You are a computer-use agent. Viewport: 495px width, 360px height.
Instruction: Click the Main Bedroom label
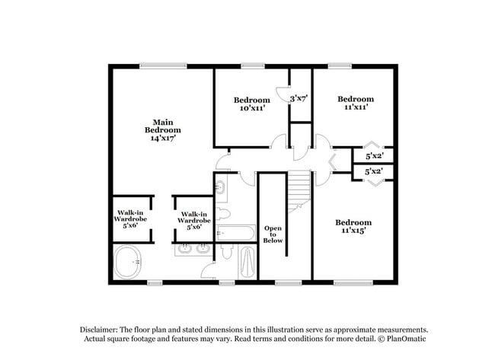pos(163,126)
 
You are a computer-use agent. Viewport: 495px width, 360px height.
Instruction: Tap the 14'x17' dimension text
pos(163,138)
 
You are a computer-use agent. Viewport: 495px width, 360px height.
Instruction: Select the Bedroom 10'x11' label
pos(252,104)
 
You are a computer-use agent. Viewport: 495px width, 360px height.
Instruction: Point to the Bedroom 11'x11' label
pos(356,103)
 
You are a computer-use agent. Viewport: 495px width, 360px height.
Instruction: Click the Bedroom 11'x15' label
pos(353,226)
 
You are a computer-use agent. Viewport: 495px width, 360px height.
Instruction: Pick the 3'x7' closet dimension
pos(299,99)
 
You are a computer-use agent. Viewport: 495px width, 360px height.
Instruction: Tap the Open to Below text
pos(273,234)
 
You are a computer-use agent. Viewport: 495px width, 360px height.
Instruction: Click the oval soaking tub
pos(127,262)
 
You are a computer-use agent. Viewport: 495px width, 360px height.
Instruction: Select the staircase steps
pos(299,191)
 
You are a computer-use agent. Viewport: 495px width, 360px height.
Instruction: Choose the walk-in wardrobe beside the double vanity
pos(194,221)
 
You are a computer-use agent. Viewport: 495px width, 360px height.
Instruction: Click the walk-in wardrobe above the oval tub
pos(130,219)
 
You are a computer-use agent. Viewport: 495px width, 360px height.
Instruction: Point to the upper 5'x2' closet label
pos(375,156)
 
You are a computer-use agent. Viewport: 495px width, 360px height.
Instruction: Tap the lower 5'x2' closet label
pos(374,172)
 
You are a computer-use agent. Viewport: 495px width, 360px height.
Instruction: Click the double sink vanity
pos(193,249)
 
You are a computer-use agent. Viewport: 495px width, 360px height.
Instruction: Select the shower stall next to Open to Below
pos(247,263)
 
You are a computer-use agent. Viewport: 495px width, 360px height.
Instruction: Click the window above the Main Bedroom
pos(163,65)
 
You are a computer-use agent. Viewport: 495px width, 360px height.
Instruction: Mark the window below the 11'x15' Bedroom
pos(353,283)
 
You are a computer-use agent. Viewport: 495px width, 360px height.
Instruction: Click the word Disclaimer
pos(99,330)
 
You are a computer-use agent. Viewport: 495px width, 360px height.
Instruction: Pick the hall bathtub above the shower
pos(236,233)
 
